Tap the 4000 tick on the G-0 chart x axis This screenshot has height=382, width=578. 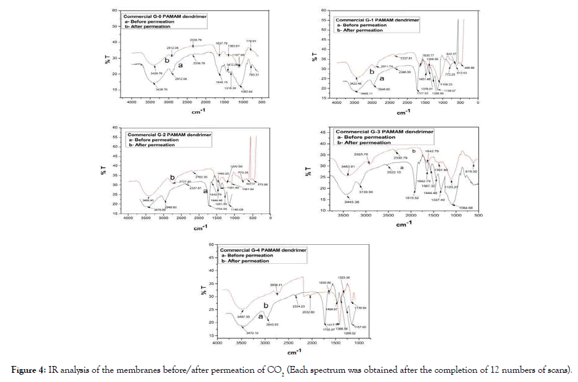coord(131,102)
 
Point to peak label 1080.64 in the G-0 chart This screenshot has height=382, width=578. coord(246,92)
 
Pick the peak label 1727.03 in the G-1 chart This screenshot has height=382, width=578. coord(422,93)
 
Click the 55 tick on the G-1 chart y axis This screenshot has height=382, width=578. coord(323,20)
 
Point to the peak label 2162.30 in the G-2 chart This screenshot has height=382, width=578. coord(203,177)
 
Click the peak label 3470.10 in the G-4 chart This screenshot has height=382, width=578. coord(252,333)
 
